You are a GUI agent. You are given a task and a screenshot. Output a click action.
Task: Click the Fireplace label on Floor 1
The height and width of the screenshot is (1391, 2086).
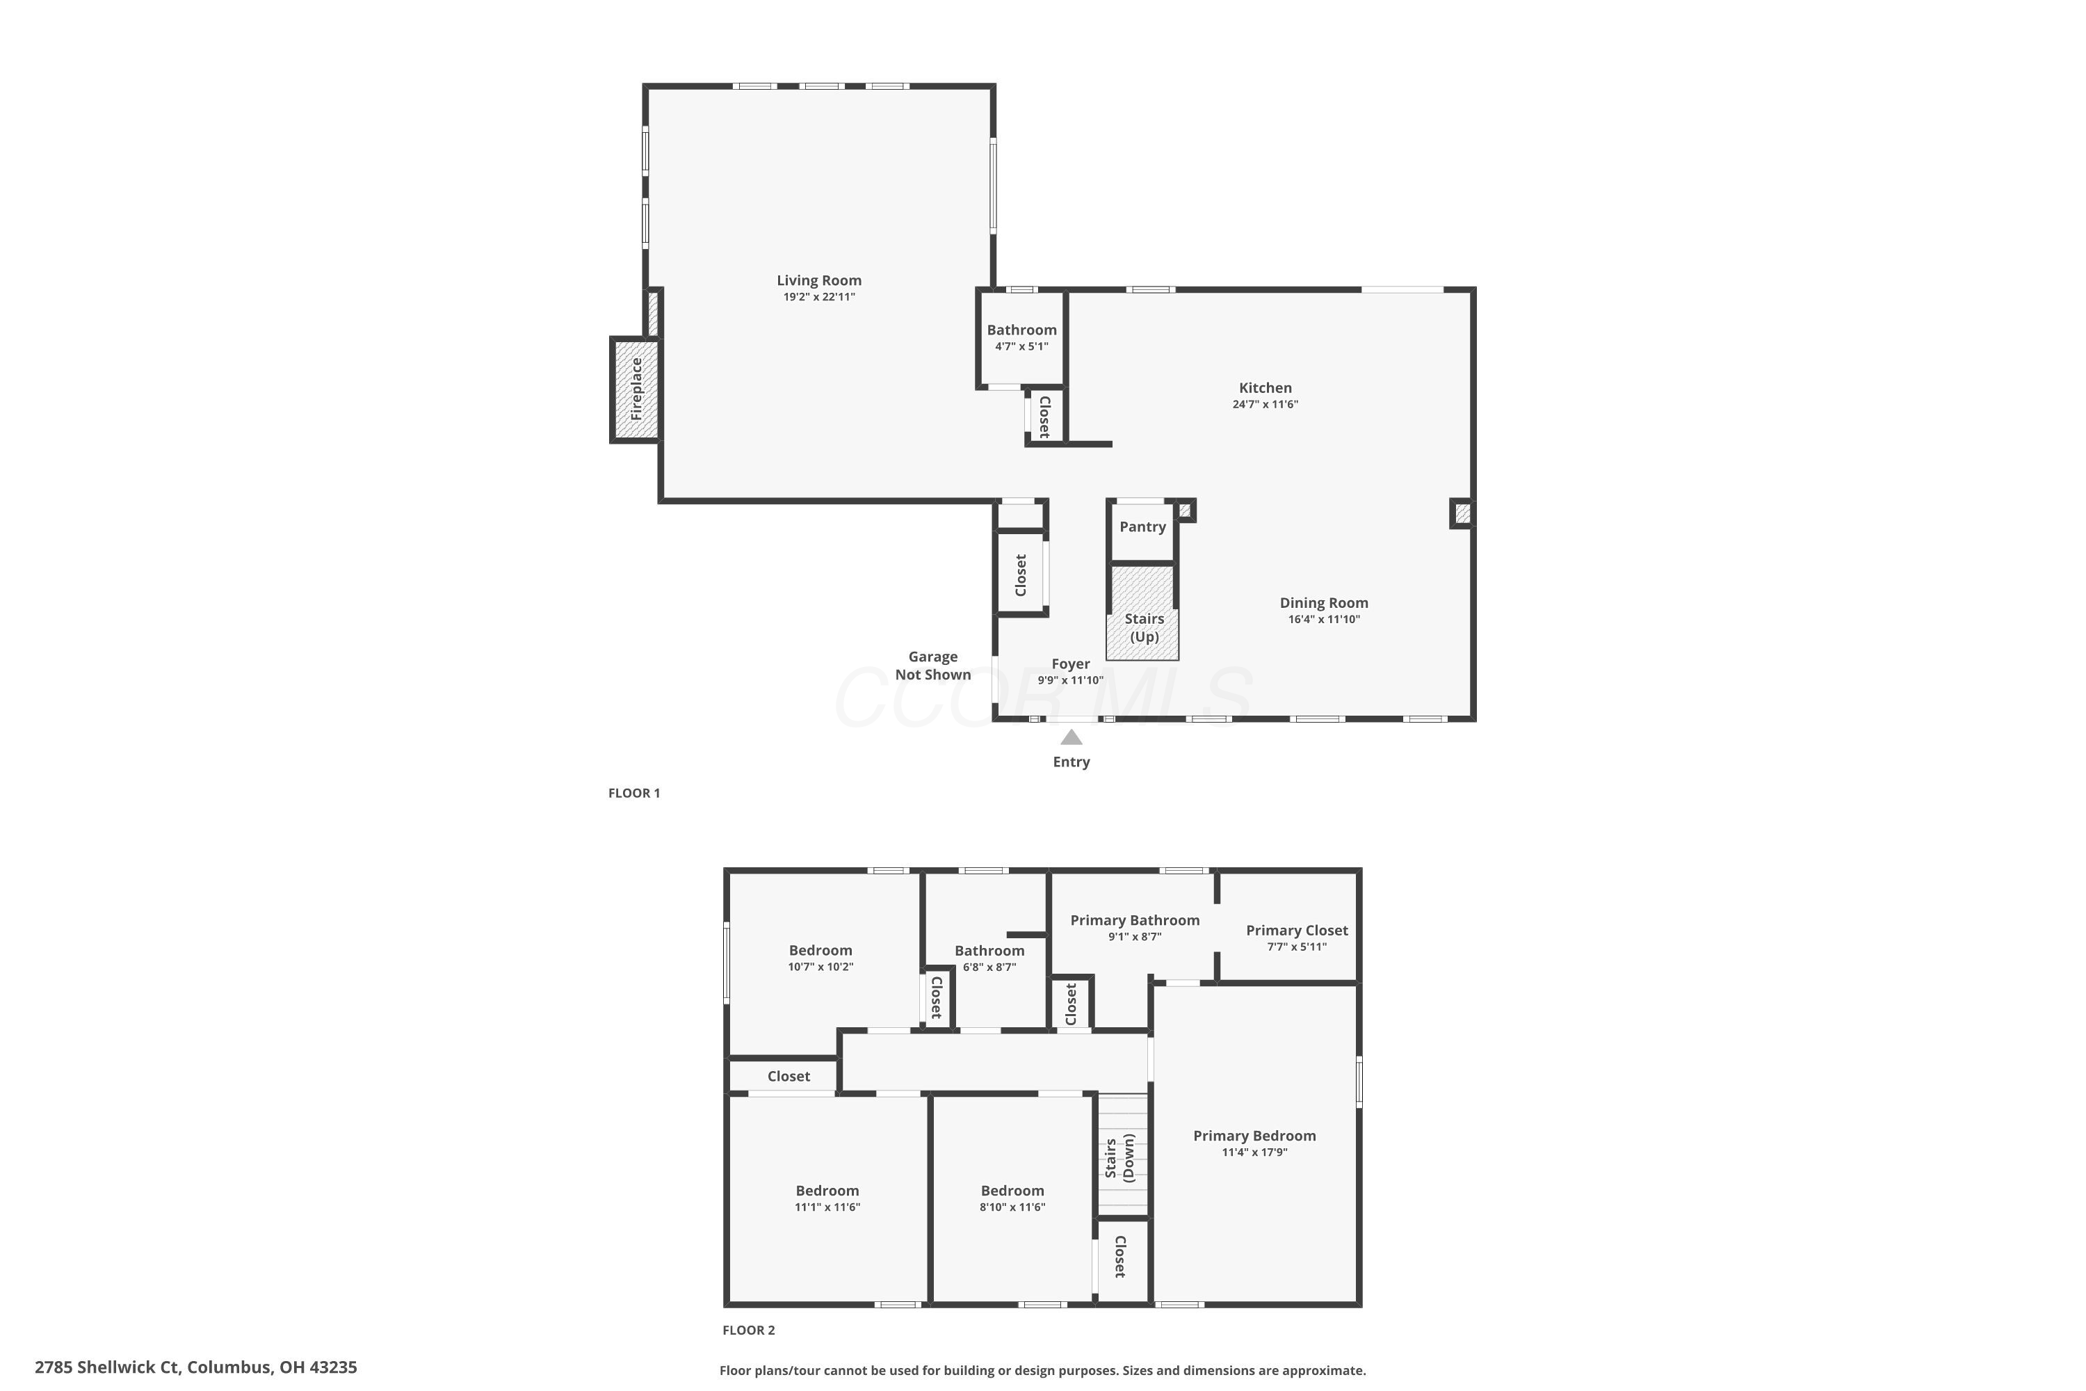coord(636,389)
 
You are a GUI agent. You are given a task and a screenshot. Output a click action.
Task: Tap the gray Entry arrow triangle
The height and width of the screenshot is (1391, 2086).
coord(1072,737)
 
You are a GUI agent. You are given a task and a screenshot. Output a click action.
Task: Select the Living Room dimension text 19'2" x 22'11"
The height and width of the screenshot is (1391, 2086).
coord(818,297)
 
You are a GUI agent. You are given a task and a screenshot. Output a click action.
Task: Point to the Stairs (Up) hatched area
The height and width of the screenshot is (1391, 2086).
coord(1142,612)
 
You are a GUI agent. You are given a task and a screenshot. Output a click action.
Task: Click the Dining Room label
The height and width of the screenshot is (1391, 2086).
coord(1323,603)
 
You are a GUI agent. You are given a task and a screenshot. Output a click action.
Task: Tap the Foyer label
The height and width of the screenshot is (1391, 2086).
coord(1071,664)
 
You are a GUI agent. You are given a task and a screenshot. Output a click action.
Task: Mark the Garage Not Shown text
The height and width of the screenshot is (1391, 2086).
coord(933,666)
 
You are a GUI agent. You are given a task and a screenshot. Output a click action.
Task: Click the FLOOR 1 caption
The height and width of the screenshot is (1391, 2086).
coord(634,793)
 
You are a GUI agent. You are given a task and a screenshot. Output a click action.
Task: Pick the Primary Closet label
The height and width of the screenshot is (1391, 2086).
coord(1297,931)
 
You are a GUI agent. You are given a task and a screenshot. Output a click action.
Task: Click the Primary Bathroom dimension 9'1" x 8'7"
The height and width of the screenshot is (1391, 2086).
coord(1134,937)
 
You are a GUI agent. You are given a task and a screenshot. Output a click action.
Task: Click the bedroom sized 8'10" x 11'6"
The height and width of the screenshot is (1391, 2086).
coord(1012,1198)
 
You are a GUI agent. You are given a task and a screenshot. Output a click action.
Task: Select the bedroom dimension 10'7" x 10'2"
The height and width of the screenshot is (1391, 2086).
coord(820,967)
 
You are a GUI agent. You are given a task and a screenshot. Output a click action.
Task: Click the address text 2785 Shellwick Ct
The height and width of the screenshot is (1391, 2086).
coord(107,1367)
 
